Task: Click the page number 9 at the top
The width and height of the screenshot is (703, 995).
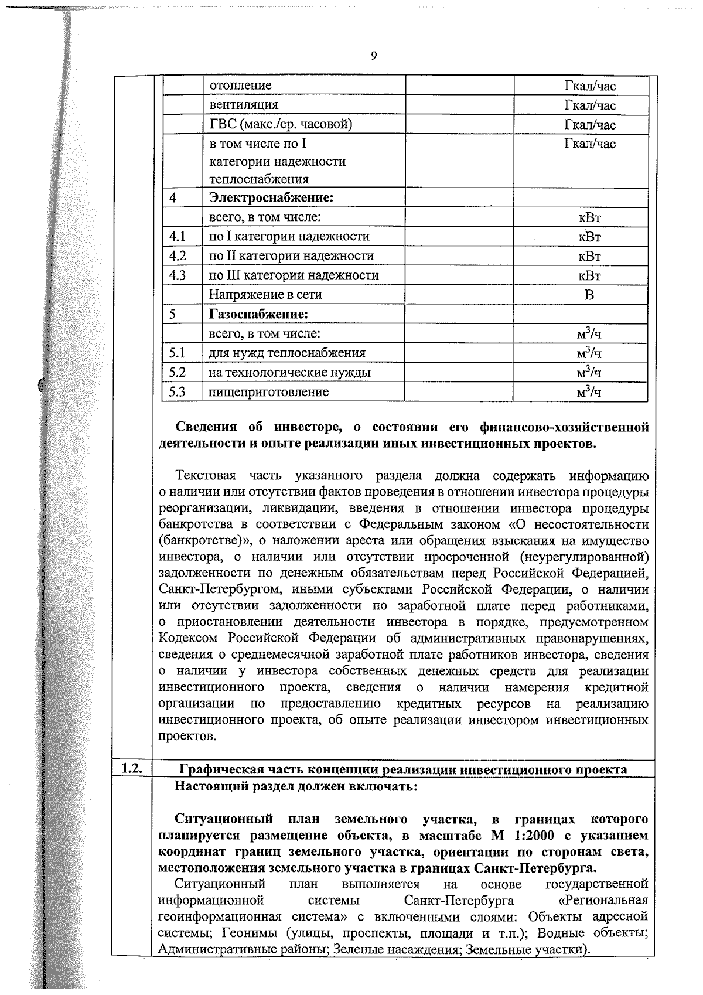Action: (x=374, y=56)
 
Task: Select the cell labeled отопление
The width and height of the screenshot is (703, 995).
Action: (x=241, y=86)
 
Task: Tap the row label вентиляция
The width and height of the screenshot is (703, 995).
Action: (x=244, y=105)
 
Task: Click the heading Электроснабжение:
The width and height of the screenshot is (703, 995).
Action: (x=271, y=197)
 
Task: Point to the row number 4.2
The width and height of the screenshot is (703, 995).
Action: (x=178, y=255)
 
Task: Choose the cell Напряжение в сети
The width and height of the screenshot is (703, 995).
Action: (x=265, y=295)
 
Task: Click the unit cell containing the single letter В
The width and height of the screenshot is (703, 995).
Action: (x=589, y=295)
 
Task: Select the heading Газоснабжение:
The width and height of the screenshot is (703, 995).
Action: (x=258, y=314)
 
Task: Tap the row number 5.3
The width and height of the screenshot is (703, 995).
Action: (x=178, y=391)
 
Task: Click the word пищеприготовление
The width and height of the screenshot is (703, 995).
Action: (x=269, y=391)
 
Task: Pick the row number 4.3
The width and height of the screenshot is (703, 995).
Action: (x=178, y=275)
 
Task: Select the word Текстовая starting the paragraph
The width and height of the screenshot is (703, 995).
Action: (x=205, y=475)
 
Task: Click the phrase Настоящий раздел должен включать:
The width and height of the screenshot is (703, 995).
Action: (x=296, y=786)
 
